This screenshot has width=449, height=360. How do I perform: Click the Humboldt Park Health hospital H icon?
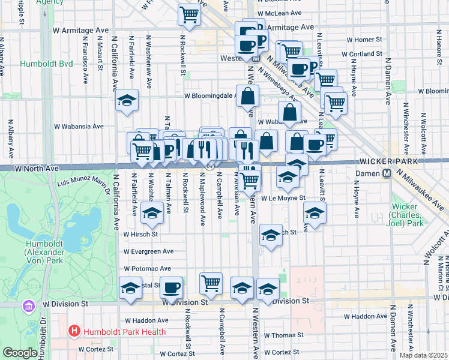point(74,331)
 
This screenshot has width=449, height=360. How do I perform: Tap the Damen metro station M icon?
point(388,173)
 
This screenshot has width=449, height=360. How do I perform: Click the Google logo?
point(20,353)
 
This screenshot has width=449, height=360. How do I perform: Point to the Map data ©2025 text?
point(423,355)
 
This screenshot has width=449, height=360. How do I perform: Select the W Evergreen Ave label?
point(148,251)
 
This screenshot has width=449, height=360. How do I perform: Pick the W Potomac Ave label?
point(147,269)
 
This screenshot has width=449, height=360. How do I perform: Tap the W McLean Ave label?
point(279,13)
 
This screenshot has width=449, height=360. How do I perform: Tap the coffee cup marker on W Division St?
point(172,289)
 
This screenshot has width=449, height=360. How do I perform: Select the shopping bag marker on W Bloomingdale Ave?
point(247,95)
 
